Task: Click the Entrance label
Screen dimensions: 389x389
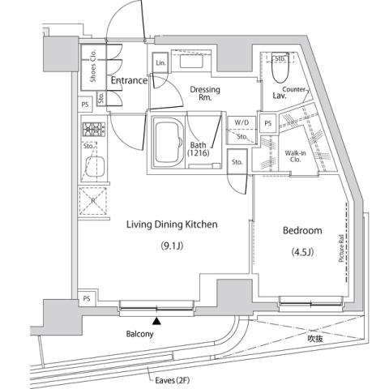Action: pyautogui.click(x=128, y=80)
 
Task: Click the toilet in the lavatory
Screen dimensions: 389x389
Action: pyautogui.click(x=280, y=72)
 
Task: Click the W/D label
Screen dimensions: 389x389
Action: pyautogui.click(x=241, y=123)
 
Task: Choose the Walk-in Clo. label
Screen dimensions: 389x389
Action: pyautogui.click(x=295, y=155)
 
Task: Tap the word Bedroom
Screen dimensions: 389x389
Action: pyautogui.click(x=302, y=230)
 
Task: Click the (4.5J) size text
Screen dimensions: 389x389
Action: pyautogui.click(x=301, y=252)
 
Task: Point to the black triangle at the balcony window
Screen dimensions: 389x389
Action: pyautogui.click(x=157, y=322)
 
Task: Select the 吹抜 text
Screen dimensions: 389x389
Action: pyautogui.click(x=316, y=338)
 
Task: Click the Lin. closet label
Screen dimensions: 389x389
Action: pyautogui.click(x=160, y=63)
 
